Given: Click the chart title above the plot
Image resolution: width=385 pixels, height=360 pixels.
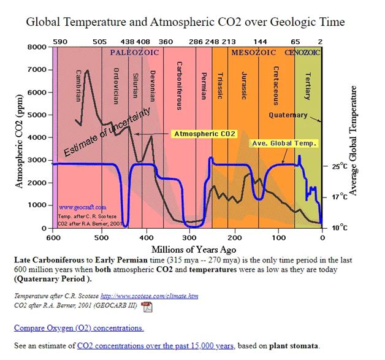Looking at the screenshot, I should [185, 22].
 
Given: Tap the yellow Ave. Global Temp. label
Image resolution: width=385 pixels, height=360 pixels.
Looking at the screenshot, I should [284, 143].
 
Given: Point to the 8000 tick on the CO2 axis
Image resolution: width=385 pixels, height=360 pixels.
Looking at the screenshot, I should [38, 47].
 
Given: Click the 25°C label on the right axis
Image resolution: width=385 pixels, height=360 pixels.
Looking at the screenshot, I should [340, 166].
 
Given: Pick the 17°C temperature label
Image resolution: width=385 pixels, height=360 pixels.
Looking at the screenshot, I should [340, 197].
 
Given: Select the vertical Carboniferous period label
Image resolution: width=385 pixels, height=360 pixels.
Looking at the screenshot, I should [178, 85].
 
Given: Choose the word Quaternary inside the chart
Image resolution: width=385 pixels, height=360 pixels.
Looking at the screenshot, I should [288, 115].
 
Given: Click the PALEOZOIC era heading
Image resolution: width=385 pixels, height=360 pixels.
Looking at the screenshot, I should [134, 53].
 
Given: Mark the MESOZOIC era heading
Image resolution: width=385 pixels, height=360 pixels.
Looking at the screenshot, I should [253, 53].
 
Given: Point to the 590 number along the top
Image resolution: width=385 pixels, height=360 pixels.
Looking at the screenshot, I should [59, 42].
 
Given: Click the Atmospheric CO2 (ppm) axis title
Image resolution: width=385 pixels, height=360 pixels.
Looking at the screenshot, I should [20, 137].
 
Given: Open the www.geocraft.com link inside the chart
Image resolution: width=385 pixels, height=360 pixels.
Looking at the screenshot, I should [82, 208].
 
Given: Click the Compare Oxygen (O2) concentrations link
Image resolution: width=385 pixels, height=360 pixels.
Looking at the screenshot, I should [79, 328].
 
